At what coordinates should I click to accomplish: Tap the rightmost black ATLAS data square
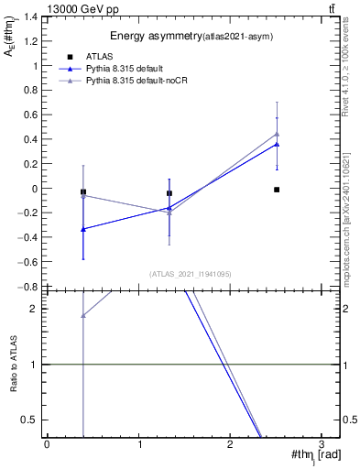pyautogui.click(x=277, y=190)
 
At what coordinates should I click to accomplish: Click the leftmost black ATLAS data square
pyautogui.click(x=83, y=192)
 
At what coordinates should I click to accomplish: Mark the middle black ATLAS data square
pyautogui.click(x=169, y=193)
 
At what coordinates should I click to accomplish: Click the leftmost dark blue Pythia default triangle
pyautogui.click(x=83, y=229)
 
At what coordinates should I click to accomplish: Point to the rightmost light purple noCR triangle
pyautogui.click(x=277, y=135)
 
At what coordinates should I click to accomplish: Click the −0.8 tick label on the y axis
pyautogui.click(x=29, y=287)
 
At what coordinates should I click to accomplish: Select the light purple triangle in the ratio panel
pyautogui.click(x=83, y=316)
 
